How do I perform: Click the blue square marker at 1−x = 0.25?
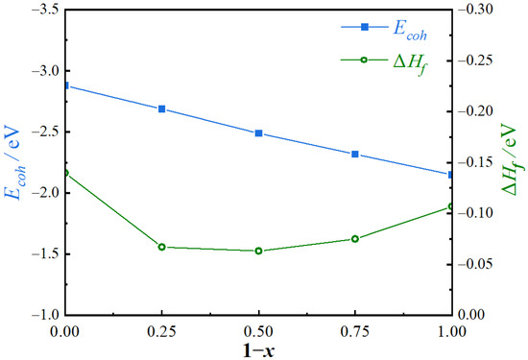(x=162, y=108)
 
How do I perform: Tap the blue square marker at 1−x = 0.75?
(x=355, y=154)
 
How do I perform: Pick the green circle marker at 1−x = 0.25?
(x=162, y=247)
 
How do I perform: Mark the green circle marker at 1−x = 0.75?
(x=355, y=239)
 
